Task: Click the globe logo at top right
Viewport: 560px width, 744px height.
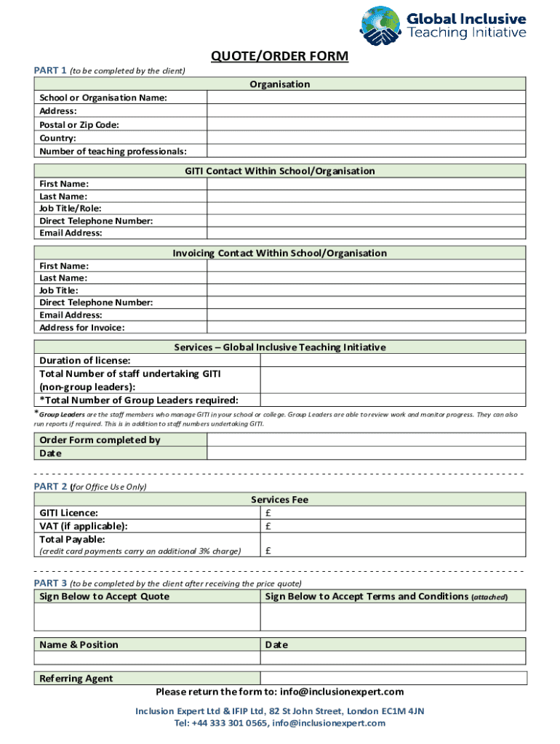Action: coord(380,26)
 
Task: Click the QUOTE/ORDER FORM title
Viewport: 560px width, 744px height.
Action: coord(280,56)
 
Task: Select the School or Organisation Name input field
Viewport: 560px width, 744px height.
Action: coord(366,98)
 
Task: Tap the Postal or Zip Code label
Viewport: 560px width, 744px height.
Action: coord(79,125)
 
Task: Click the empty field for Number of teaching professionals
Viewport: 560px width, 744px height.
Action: coord(366,151)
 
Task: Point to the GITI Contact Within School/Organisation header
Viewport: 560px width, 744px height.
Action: coord(280,171)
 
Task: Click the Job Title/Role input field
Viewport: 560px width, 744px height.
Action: coord(366,209)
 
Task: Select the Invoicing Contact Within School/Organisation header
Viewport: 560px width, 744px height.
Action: coord(280,253)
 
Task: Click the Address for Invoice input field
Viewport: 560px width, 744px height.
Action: coord(366,328)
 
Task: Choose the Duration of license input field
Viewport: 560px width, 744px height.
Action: coord(393,360)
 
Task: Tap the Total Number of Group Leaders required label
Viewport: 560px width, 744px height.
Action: coord(139,400)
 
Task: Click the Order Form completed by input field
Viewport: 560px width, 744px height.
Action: coord(366,440)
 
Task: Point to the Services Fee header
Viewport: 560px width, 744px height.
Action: coord(280,500)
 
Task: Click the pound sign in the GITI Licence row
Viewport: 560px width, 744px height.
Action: coord(268,513)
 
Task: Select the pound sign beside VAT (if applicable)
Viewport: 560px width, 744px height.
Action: coord(268,526)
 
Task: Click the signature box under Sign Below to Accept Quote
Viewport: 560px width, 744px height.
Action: coord(147,617)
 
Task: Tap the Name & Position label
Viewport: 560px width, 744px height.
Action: coord(79,644)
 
